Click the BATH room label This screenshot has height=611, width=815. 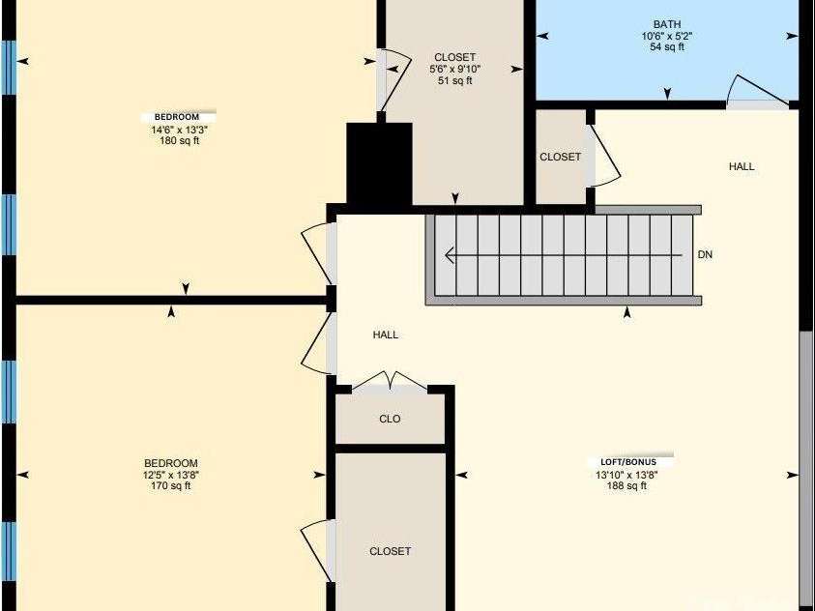667,24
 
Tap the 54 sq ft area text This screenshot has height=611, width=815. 667,47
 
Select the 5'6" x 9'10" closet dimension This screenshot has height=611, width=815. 454,69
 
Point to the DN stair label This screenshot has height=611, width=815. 705,255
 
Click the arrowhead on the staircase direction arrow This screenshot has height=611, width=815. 450,255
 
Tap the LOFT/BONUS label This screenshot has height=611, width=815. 627,462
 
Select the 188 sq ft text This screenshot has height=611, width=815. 626,486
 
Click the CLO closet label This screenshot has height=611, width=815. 390,419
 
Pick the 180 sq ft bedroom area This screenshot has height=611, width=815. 179,141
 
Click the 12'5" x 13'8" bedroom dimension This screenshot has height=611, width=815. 171,475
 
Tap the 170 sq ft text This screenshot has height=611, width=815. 171,486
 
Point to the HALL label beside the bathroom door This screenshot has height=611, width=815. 742,167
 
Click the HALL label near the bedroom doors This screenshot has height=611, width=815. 386,335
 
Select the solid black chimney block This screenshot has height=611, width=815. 379,164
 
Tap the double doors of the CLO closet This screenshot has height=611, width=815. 390,380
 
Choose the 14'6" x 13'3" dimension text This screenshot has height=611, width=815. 179,130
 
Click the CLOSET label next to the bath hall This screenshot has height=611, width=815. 561,157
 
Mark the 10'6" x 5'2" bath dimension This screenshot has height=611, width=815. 667,36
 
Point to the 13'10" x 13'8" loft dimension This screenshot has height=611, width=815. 626,475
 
